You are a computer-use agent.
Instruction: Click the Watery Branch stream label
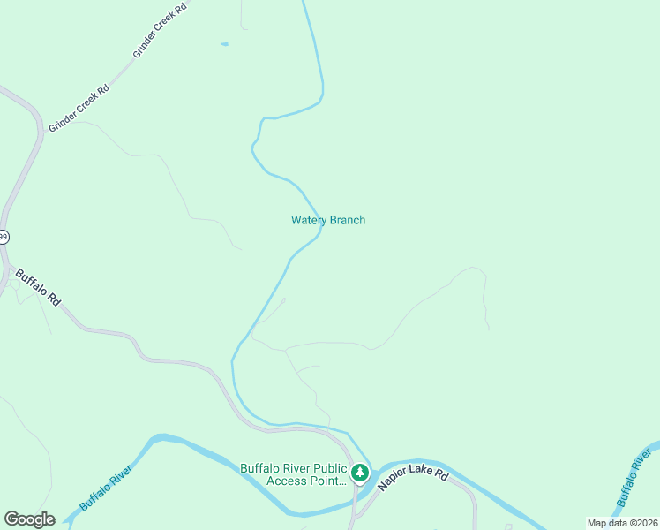tap(328, 220)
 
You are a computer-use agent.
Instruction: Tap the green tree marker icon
tap(360, 473)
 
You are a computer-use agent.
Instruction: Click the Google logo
tap(29, 519)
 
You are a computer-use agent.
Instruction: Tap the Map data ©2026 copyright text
tap(622, 523)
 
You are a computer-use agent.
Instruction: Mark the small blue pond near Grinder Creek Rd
tap(224, 44)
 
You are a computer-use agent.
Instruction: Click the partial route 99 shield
tap(4, 237)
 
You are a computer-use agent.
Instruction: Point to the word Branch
tap(348, 220)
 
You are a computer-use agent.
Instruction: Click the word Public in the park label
tap(325, 468)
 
